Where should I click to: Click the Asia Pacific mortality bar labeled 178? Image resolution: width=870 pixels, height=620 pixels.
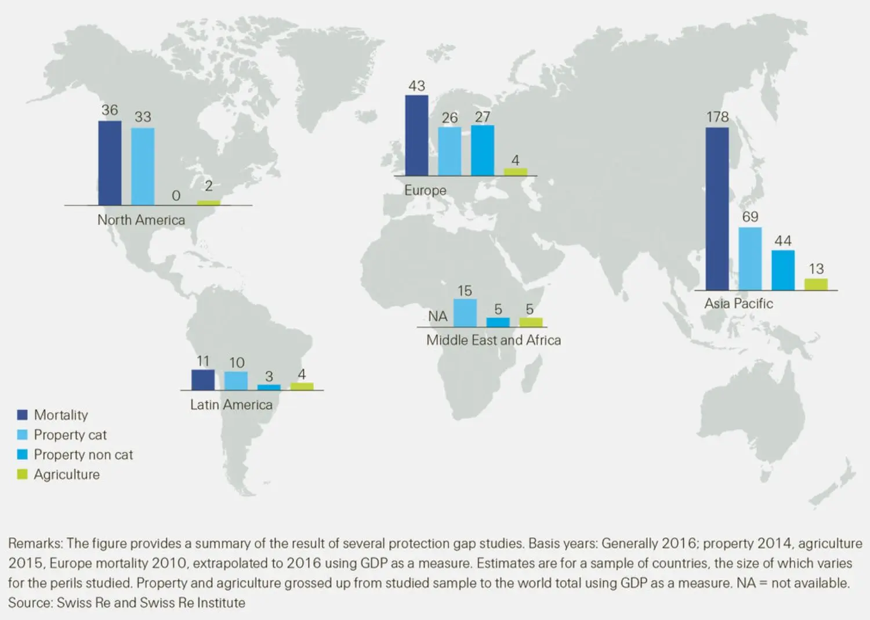[717, 209]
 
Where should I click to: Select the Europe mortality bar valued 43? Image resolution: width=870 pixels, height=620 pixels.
[416, 135]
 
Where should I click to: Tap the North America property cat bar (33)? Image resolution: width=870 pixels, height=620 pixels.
[143, 166]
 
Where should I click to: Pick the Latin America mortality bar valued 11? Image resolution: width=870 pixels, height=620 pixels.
[203, 380]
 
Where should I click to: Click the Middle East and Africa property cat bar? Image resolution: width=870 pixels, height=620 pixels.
[465, 313]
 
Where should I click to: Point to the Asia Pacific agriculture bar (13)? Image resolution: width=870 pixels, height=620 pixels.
[815, 284]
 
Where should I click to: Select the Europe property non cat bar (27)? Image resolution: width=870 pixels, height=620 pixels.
[483, 150]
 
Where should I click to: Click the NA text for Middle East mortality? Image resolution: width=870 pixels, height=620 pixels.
[438, 317]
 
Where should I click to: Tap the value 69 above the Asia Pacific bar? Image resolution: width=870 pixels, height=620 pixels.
[750, 217]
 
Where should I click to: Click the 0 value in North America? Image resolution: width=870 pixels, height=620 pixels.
[176, 196]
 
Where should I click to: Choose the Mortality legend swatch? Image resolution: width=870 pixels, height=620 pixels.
[23, 415]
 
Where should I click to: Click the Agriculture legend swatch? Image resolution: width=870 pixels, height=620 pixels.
[23, 474]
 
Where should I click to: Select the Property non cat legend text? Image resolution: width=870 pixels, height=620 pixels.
[83, 455]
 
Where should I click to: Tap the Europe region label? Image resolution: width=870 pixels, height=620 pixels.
[425, 190]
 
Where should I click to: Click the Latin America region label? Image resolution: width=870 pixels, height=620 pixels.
[231, 405]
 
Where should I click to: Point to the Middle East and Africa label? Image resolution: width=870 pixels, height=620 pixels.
[494, 340]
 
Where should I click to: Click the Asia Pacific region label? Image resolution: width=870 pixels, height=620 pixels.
[738, 303]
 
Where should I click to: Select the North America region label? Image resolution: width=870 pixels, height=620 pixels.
[141, 220]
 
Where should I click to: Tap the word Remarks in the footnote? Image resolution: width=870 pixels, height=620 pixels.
[35, 543]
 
